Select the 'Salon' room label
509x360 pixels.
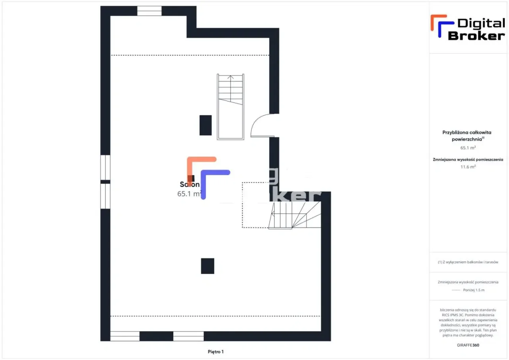(190, 185)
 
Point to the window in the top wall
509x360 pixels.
(150, 11)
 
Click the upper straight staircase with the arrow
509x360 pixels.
(230, 107)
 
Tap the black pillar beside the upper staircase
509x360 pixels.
(206, 125)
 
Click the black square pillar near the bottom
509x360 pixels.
(208, 266)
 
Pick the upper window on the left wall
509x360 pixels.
(105, 167)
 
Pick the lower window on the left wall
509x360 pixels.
(105, 196)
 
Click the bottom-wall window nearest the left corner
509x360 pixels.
(125, 336)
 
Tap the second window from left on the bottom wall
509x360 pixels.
(188, 336)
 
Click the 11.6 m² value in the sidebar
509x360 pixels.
(468, 167)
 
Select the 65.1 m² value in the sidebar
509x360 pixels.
(468, 148)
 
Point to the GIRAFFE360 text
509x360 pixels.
(468, 345)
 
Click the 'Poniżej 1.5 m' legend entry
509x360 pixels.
(474, 290)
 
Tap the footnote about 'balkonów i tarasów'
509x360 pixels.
(468, 262)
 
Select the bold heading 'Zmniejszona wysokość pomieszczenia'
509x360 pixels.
(468, 160)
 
